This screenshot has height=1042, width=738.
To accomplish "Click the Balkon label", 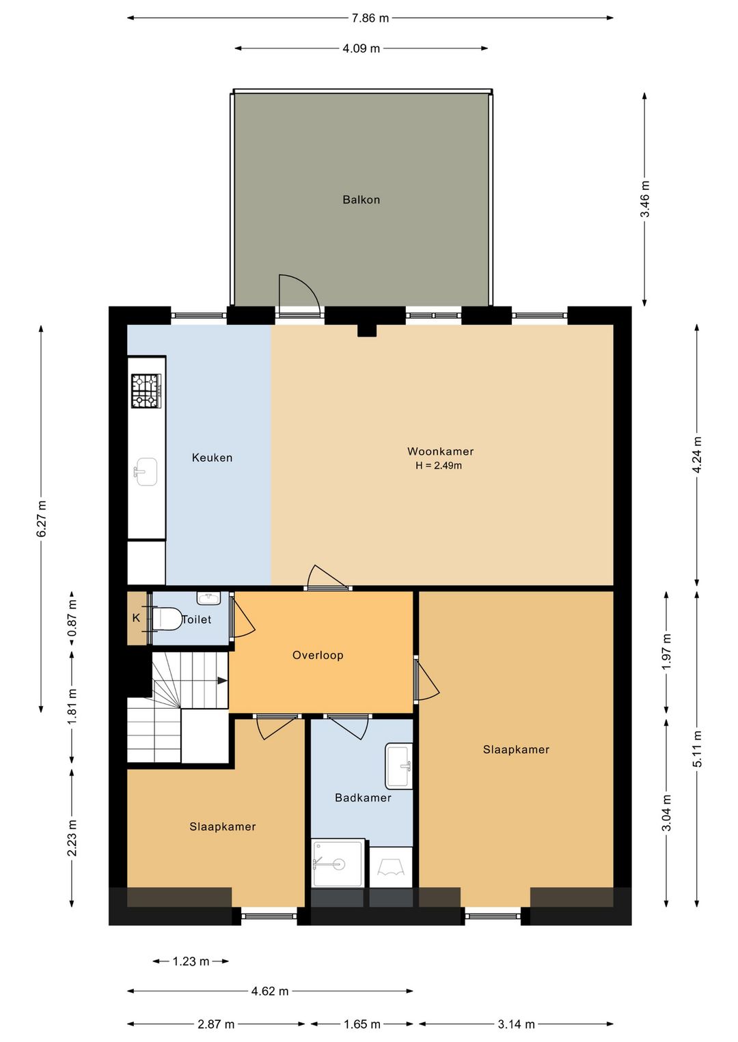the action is pyautogui.click(x=361, y=199).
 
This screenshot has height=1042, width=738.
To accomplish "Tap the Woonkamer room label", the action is pyautogui.click(x=440, y=451).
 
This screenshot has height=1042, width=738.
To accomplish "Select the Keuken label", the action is pyautogui.click(x=212, y=457).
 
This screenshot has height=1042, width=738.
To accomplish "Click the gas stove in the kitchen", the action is pyautogui.click(x=146, y=391).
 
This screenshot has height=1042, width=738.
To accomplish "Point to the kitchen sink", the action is pyautogui.click(x=146, y=472).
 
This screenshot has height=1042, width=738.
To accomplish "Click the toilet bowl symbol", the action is pyautogui.click(x=166, y=619).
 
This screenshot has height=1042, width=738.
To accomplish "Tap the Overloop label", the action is pyautogui.click(x=318, y=656).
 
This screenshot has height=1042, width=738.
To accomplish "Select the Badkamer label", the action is pyautogui.click(x=363, y=798).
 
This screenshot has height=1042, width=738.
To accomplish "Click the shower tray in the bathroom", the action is pyautogui.click(x=338, y=863).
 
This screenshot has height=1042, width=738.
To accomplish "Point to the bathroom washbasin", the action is pyautogui.click(x=399, y=766).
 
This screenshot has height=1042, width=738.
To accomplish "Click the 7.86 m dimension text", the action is pyautogui.click(x=370, y=18).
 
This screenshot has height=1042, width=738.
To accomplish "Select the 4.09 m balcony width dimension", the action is pyautogui.click(x=361, y=48).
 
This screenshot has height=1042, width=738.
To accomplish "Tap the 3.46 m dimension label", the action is pyautogui.click(x=644, y=199).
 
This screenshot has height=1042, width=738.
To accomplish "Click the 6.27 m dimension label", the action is pyautogui.click(x=41, y=518).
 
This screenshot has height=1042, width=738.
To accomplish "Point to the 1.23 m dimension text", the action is pyautogui.click(x=191, y=961).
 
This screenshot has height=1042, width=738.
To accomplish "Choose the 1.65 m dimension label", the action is pyautogui.click(x=361, y=1024).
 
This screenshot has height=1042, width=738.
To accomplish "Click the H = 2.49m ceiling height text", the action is pyautogui.click(x=439, y=466).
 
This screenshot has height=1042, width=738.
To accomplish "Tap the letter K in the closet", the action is pyautogui.click(x=136, y=618).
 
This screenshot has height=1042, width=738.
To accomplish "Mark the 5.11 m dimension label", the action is pyautogui.click(x=697, y=749).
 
